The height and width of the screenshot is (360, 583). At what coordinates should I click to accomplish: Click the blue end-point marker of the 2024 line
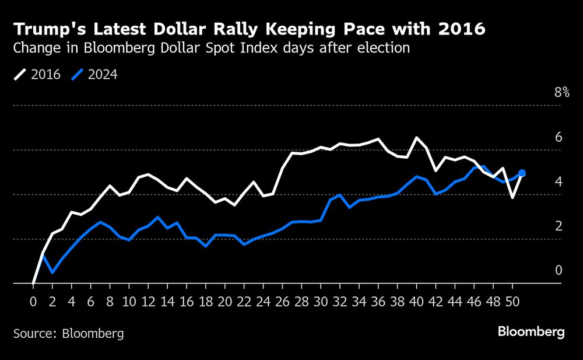click(x=522, y=173)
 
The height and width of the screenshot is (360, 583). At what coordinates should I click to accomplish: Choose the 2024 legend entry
click(x=94, y=75)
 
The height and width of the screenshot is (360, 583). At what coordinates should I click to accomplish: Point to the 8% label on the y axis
click(x=561, y=92)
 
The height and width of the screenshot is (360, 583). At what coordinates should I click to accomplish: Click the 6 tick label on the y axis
click(x=558, y=137)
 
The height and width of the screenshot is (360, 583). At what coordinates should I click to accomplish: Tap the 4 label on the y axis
click(x=558, y=181)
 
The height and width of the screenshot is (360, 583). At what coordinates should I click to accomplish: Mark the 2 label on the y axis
click(x=558, y=226)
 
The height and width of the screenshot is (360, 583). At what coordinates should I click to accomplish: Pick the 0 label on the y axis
click(x=558, y=270)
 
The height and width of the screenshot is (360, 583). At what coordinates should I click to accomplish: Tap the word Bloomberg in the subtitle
click(x=113, y=48)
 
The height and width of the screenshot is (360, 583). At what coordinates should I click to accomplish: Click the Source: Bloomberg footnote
click(x=69, y=334)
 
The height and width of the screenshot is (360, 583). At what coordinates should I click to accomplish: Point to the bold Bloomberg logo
click(x=531, y=332)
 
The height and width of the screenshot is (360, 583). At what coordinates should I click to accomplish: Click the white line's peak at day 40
click(x=417, y=138)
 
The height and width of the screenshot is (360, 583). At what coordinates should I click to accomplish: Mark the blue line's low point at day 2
click(x=52, y=272)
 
